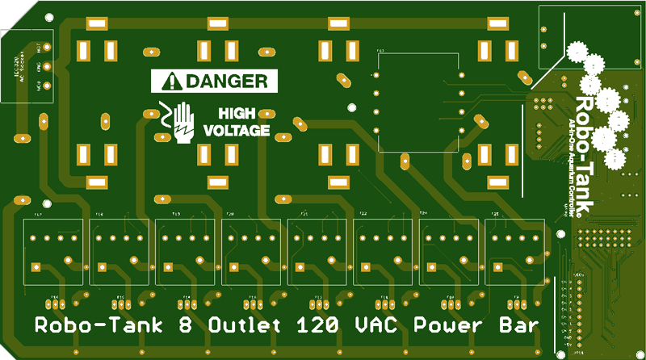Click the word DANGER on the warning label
pyautogui.click(x=226, y=81)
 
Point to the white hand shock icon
pyautogui.click(x=183, y=123)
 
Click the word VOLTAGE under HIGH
pyautogui.click(x=237, y=130)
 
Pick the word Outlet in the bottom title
pyautogui.click(x=243, y=327)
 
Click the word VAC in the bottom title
pyautogui.click(x=375, y=327)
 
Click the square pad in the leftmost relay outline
pyautogui.click(x=34, y=266)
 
